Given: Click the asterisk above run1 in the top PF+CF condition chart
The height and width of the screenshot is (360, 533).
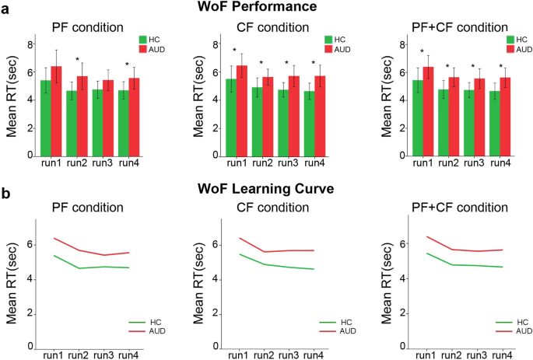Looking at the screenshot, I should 422,53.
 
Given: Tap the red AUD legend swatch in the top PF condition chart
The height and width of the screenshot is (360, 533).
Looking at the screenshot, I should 144,49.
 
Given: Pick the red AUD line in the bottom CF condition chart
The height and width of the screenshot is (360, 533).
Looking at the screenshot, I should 265,251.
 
